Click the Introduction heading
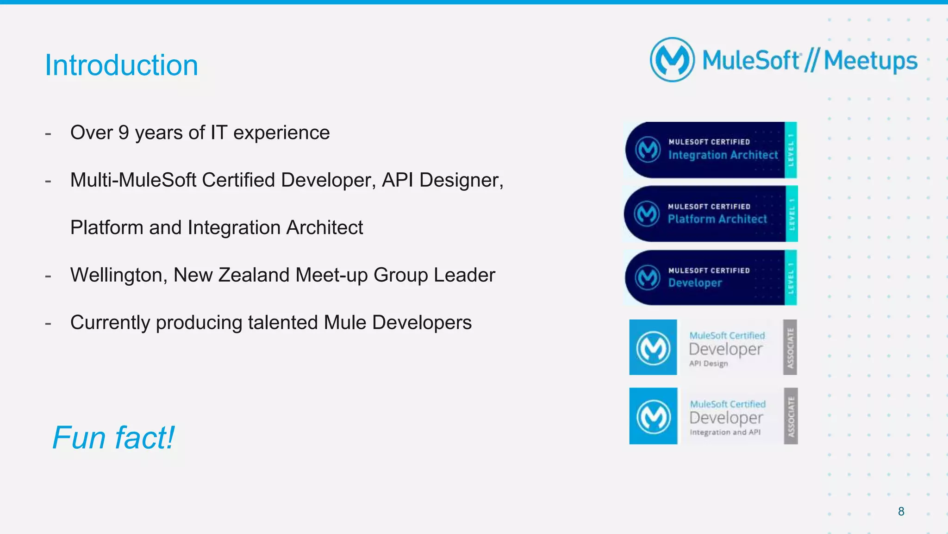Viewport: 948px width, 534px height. point(121,65)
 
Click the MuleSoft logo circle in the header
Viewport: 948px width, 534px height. point(672,60)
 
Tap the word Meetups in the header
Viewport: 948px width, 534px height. point(870,61)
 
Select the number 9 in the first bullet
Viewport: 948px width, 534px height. point(124,133)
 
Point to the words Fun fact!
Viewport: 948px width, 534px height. point(113,438)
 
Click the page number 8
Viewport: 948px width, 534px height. point(901,511)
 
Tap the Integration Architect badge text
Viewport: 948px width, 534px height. point(723,155)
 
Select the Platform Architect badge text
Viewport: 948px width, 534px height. point(717,219)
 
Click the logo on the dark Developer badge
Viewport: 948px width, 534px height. point(648,277)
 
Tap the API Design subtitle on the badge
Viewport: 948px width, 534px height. point(708,364)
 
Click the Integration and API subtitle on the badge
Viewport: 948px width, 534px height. point(725,432)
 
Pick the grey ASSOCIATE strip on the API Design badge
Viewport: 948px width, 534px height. point(790,347)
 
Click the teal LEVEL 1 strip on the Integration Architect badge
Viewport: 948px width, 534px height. point(791,150)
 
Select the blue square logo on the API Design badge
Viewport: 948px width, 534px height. point(653,347)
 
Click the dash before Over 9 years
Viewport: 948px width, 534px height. point(48,134)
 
